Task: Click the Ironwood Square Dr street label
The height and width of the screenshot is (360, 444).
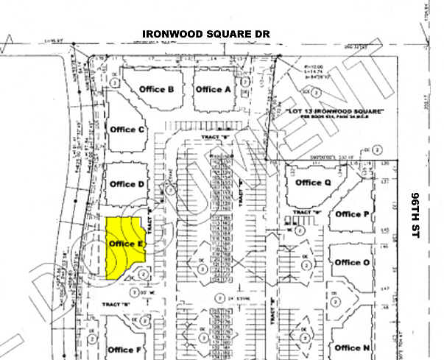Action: (x=207, y=34)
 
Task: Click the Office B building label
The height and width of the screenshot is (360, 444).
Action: (x=156, y=90)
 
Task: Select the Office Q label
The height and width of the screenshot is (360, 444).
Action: (x=309, y=183)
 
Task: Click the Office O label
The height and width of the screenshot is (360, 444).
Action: (x=348, y=262)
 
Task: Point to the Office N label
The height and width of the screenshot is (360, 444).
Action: (x=348, y=347)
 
